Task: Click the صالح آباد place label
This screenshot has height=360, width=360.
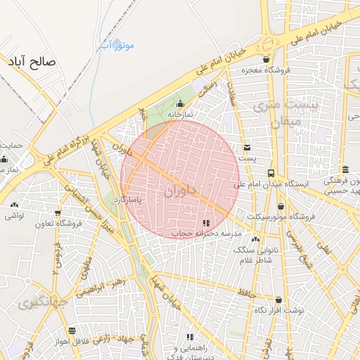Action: (31, 62)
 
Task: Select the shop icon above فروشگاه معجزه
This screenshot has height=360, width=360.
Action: (265, 59)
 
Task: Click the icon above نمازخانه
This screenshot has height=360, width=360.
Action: (179, 104)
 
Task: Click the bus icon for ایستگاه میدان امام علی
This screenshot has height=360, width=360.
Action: (271, 173)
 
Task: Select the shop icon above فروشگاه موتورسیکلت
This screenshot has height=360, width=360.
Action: (281, 206)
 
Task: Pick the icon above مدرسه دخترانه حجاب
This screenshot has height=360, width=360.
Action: (206, 222)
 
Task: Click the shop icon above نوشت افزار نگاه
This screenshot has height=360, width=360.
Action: (278, 300)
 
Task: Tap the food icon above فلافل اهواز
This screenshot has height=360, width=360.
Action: (71, 330)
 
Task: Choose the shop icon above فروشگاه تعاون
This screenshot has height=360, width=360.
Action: (58, 213)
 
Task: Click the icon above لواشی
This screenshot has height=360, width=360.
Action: (14, 205)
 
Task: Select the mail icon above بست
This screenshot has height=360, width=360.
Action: (247, 148)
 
